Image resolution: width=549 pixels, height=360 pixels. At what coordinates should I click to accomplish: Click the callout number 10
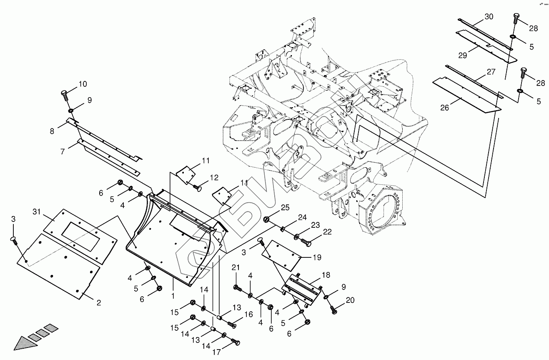82,84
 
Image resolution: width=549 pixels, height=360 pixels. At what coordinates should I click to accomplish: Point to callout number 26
445,108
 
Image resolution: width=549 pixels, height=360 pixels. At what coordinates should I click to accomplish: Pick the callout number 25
285,207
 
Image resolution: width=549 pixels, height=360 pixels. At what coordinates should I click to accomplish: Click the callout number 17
216,352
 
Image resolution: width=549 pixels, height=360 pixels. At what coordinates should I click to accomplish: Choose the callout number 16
248,315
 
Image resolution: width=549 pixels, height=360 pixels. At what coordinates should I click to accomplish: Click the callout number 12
214,177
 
